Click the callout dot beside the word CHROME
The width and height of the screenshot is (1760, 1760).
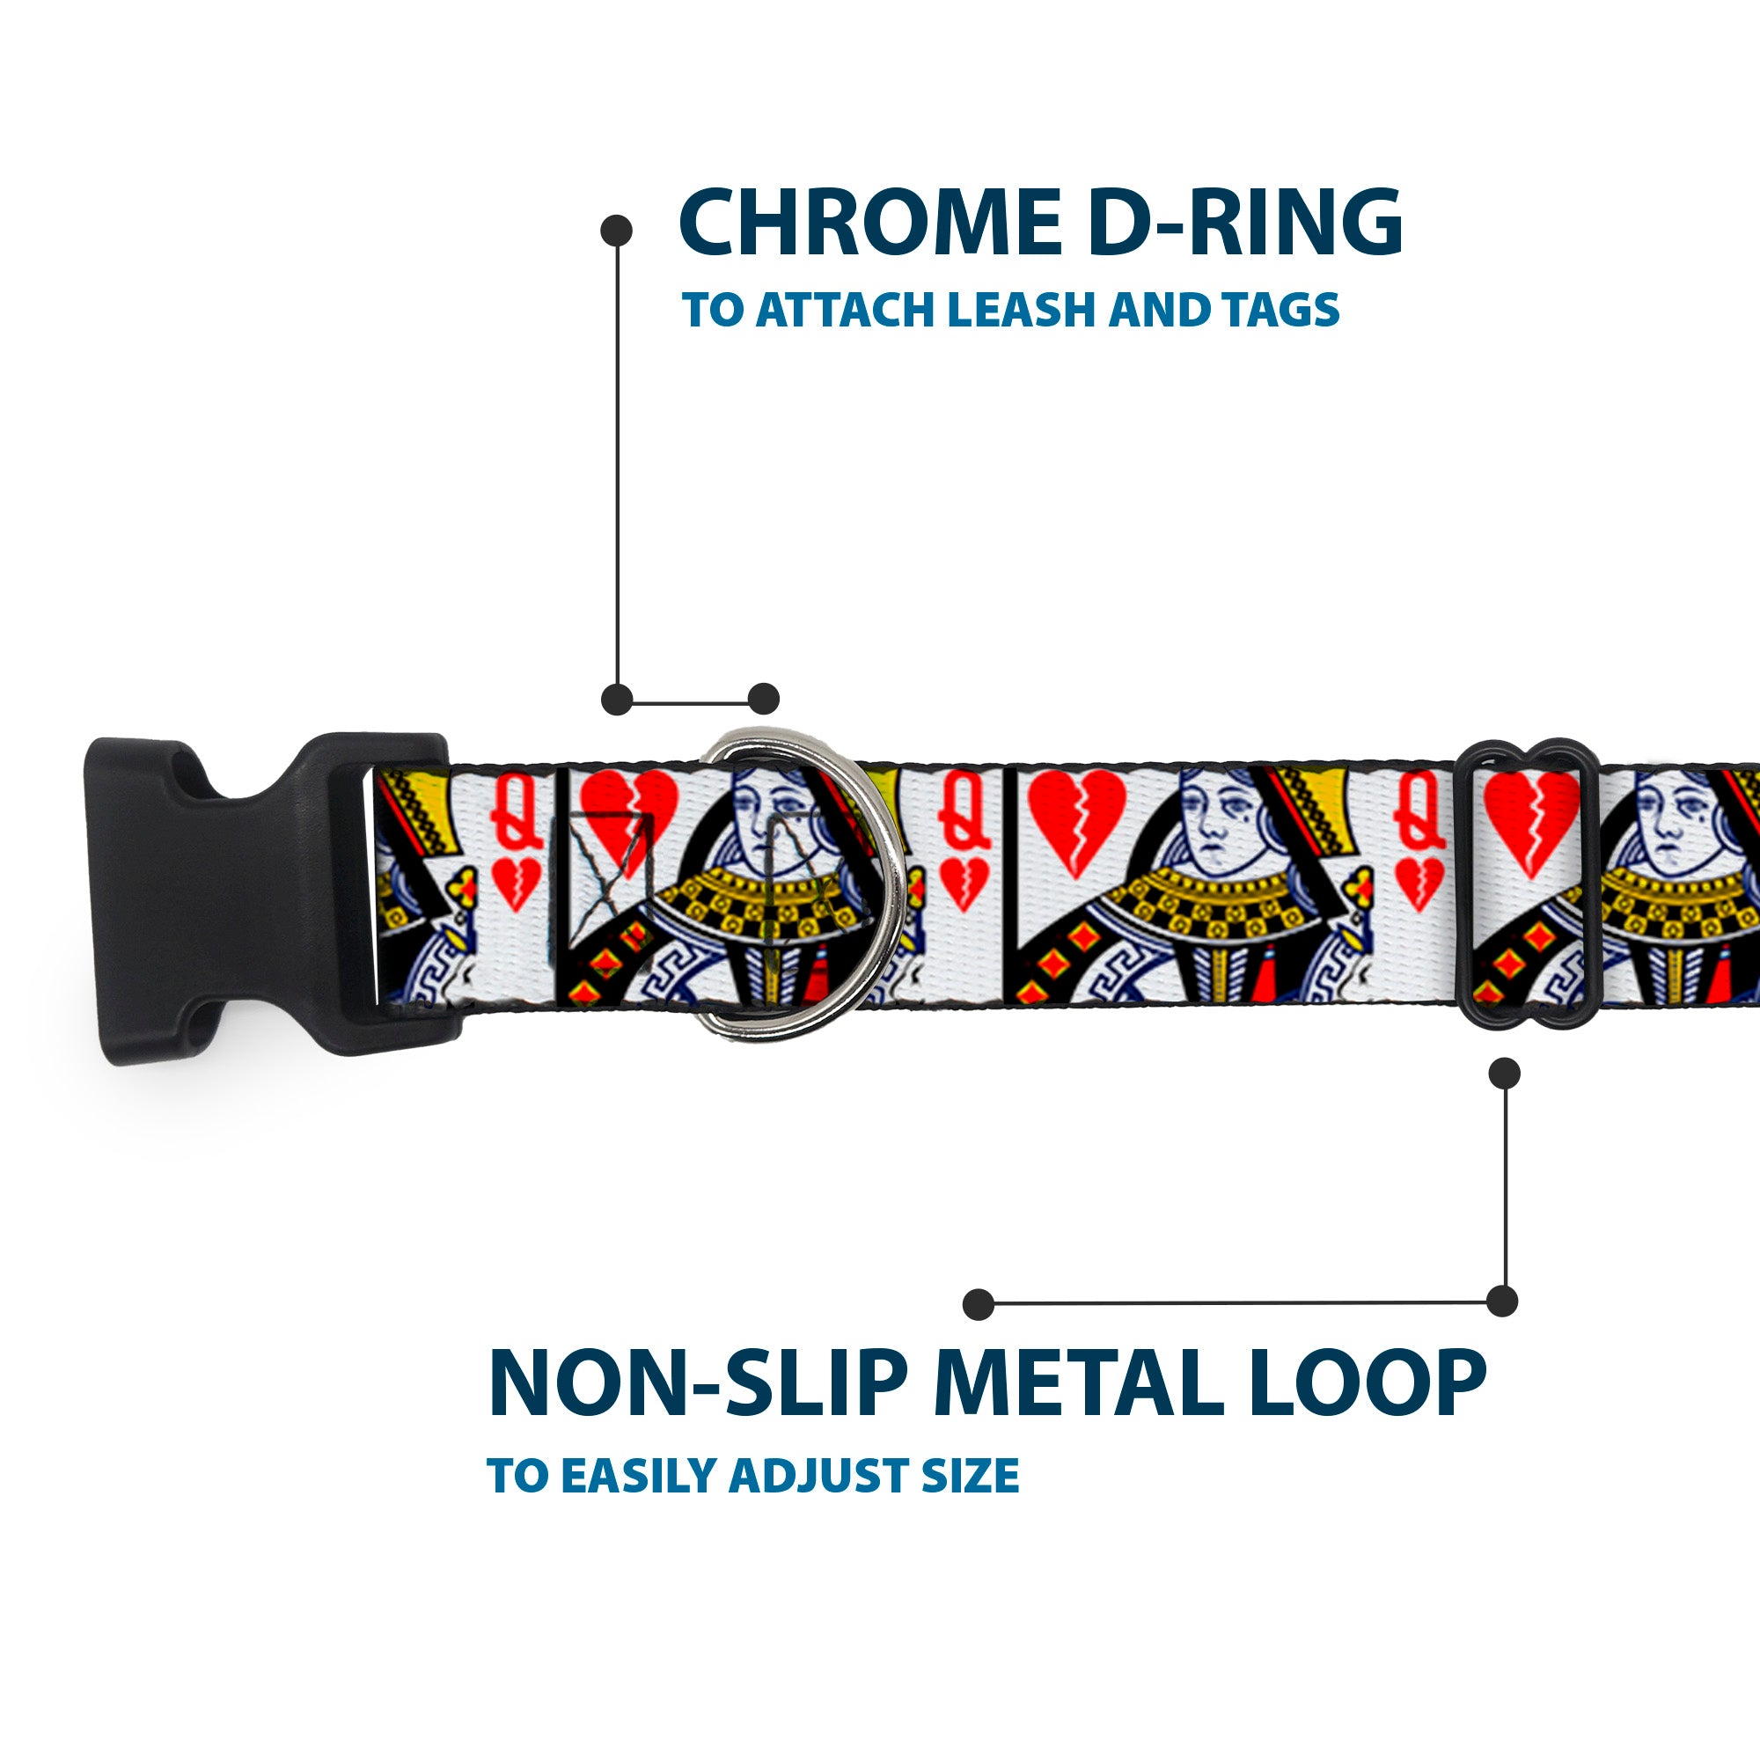617,231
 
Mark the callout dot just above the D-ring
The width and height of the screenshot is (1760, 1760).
763,699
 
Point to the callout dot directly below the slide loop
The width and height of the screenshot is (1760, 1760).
1504,1073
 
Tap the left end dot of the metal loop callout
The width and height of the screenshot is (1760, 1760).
979,1304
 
